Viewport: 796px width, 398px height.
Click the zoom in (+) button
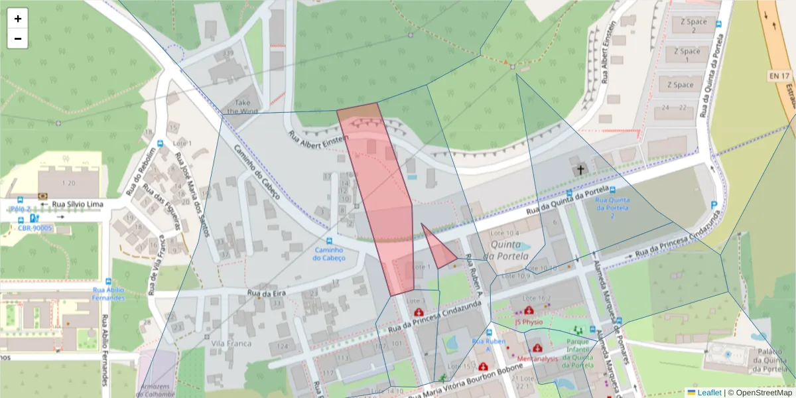18,19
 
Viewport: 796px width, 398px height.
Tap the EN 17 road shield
778,76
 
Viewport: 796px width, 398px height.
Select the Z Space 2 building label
694,26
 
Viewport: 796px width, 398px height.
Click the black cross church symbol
580,170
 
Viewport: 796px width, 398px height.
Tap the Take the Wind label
243,107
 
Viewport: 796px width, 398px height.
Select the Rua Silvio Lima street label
78,204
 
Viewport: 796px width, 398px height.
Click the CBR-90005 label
34,228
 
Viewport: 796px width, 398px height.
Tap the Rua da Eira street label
265,292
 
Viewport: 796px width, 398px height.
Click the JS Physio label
529,322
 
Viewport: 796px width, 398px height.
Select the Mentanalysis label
537,358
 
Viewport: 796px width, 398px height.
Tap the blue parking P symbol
714,205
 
